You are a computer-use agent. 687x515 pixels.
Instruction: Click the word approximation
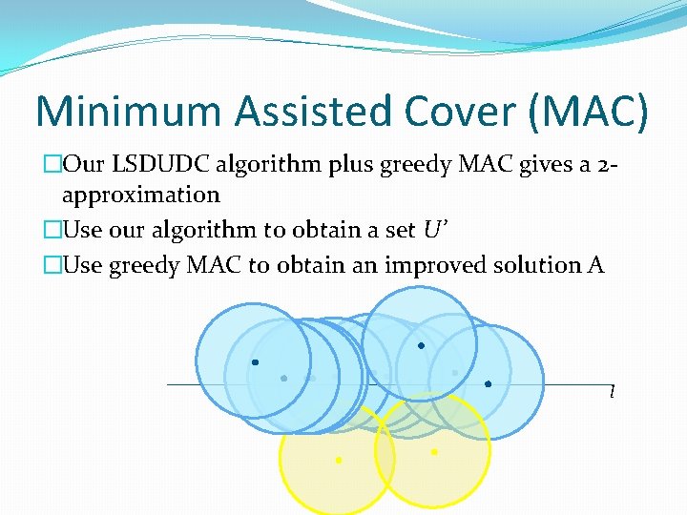[x=140, y=195]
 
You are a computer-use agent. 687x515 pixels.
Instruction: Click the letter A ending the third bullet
[x=596, y=265]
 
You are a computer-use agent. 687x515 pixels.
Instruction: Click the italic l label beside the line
[x=611, y=392]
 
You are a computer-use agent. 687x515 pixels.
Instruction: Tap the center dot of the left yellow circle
[x=338, y=461]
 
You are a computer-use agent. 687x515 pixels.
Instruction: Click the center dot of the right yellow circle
[x=434, y=452]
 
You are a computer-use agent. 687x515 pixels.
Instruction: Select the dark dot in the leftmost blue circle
[x=255, y=362]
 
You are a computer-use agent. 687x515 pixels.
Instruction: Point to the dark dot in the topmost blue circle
[x=421, y=345]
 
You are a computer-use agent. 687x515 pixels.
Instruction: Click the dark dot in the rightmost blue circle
[x=488, y=384]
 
